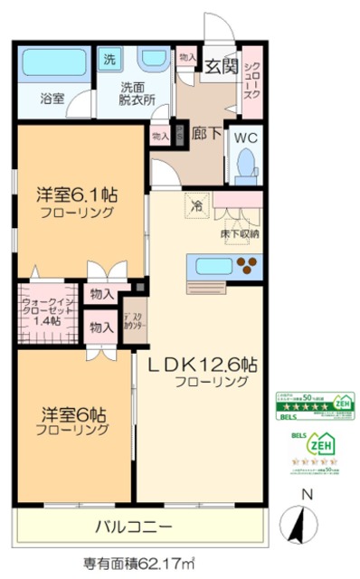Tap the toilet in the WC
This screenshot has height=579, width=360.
point(245,166)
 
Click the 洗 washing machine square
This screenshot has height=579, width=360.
point(109,61)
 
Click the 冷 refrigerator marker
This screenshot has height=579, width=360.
point(196,205)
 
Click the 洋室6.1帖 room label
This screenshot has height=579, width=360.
point(79,196)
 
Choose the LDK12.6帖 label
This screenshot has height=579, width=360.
point(203,365)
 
